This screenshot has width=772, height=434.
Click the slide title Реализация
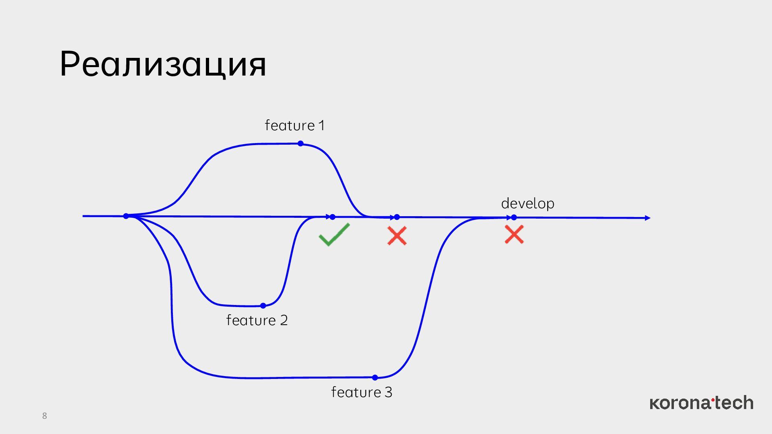point(163,64)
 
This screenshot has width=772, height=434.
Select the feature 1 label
point(294,125)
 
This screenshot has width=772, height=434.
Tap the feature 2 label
point(257,320)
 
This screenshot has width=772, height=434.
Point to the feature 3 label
point(361,392)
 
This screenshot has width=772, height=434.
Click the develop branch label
point(528,203)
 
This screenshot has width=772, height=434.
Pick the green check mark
point(334,235)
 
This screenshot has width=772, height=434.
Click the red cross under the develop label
point(514,235)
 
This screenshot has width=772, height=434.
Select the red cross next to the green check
point(397,236)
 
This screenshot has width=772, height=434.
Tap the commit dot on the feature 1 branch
point(300,143)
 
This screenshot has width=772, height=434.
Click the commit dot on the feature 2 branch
point(263,306)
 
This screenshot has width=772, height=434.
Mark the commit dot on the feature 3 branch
point(375,377)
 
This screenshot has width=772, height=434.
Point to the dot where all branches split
point(126,216)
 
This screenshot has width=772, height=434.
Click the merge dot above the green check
point(333,217)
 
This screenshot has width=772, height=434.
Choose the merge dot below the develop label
point(514,217)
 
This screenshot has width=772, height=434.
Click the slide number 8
point(45,416)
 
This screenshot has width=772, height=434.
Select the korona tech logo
point(701,403)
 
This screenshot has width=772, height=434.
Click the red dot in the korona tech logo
point(713,399)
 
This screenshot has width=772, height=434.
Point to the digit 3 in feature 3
point(388,392)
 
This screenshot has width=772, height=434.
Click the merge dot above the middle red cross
point(397,217)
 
